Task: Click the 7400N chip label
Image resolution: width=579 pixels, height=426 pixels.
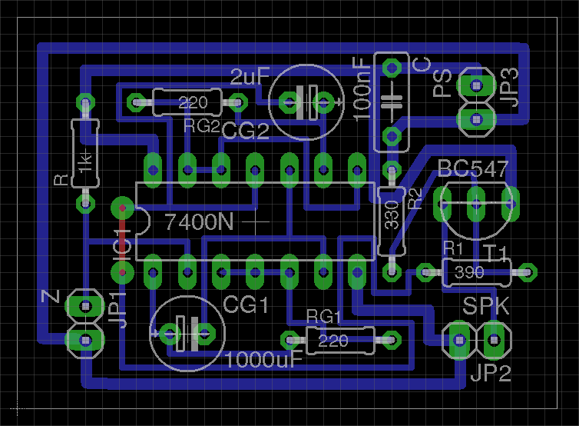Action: click(199, 222)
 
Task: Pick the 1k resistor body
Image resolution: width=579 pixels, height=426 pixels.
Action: click(85, 154)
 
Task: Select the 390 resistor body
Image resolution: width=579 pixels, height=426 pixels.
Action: click(469, 271)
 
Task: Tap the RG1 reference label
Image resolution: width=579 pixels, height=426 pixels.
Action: click(323, 316)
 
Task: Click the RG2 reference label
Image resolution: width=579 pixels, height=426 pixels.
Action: click(202, 125)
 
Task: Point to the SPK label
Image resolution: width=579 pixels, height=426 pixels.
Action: click(485, 307)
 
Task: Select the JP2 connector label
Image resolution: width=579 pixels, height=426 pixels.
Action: click(491, 374)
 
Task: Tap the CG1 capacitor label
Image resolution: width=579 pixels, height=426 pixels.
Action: click(246, 305)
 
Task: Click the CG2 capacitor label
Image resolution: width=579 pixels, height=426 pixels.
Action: click(246, 131)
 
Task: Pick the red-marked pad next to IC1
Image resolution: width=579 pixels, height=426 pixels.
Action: click(121, 208)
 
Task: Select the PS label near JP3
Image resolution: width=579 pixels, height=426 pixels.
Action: click(442, 85)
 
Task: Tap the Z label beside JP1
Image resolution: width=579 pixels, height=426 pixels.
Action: click(51, 297)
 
